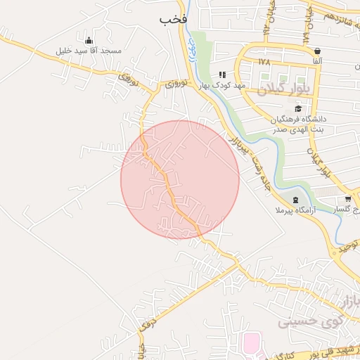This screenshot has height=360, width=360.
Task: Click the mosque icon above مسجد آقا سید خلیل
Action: [89, 40]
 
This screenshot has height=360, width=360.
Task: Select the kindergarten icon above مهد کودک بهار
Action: [222, 75]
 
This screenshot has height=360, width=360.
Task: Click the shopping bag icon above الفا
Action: [318, 51]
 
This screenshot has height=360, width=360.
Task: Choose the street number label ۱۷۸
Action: [264, 62]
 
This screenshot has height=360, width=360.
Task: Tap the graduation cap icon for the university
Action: [298, 108]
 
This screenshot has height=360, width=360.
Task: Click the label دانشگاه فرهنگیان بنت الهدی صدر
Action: [299, 124]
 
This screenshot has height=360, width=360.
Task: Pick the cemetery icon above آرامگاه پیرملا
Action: [295, 200]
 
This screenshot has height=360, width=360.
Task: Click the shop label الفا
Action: [318, 62]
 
